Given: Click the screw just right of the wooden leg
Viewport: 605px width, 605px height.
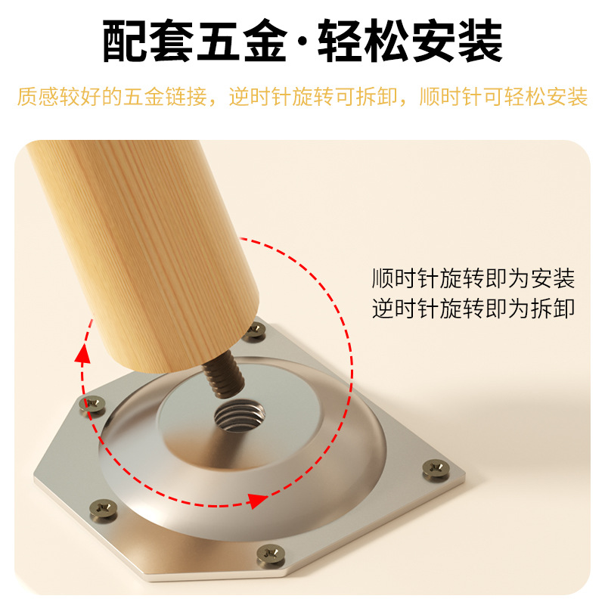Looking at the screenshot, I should [x=256, y=329].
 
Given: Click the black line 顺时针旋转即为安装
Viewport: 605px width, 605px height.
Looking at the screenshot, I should [x=473, y=279].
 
